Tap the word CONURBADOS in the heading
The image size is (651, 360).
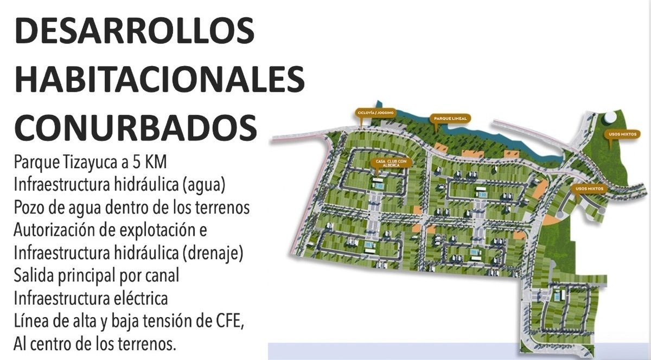[136, 127]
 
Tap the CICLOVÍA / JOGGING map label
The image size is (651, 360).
[375, 113]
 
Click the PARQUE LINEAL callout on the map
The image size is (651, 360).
[449, 118]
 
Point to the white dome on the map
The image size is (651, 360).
[611, 117]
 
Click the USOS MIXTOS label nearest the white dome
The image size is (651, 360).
[620, 133]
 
